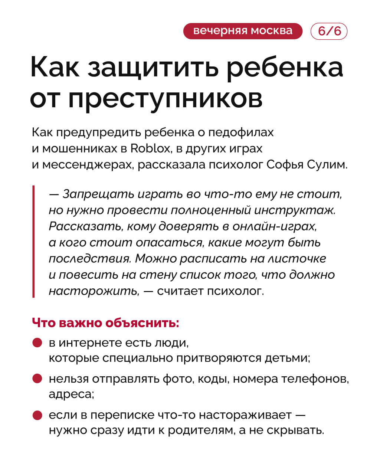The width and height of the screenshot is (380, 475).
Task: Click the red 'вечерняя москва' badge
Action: pos(243,31)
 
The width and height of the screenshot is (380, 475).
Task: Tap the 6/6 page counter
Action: pos(329,31)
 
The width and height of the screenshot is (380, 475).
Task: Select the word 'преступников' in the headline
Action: pos(165,98)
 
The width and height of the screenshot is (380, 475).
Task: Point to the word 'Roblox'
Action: pos(150,148)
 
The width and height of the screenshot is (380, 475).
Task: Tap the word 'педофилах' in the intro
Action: pos(241,132)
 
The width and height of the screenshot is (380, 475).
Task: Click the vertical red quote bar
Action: pos(33,241)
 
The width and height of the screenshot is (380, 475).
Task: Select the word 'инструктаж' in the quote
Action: pos(295,210)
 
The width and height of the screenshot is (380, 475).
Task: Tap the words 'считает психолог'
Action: pos(210,291)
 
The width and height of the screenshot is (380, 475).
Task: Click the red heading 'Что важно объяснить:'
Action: pos(105,322)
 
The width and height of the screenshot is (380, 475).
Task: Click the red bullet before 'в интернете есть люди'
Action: pos(37,342)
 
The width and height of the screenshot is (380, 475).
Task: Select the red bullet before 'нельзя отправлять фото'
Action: pos(37,379)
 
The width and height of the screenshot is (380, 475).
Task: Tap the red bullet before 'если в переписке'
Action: pos(37,415)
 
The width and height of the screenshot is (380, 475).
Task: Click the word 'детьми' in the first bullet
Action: pos(287,358)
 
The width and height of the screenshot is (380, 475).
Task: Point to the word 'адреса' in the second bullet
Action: pos(71,394)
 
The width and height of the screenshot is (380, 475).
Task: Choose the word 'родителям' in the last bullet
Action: pos(202,430)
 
